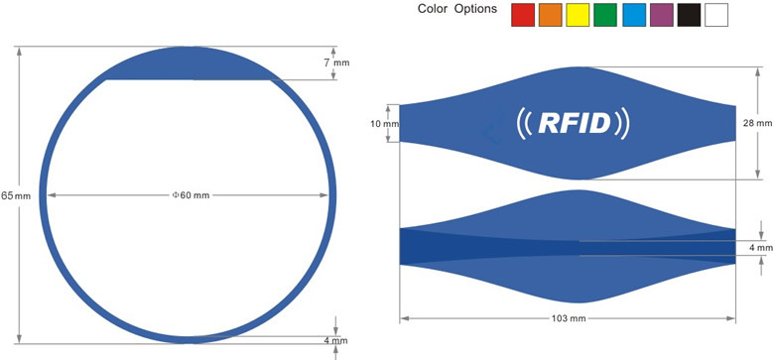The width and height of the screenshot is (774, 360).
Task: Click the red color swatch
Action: pyautogui.click(x=523, y=15)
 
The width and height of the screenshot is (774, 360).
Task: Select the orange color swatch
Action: pyautogui.click(x=551, y=15)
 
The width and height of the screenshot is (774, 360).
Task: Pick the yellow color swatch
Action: pyautogui.click(x=578, y=15)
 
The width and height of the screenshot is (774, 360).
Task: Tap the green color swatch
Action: pyautogui.click(x=605, y=15)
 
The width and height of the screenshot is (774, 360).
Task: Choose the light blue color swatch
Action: pyautogui.click(x=634, y=15)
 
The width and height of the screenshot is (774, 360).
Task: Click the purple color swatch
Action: pyautogui.click(x=662, y=15)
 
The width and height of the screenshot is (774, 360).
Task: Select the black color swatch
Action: pyautogui.click(x=689, y=15)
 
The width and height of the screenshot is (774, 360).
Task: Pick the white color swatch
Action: pyautogui.click(x=716, y=15)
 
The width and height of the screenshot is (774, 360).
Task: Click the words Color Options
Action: pyautogui.click(x=457, y=9)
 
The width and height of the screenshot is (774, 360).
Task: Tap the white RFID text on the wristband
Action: pyautogui.click(x=575, y=123)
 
